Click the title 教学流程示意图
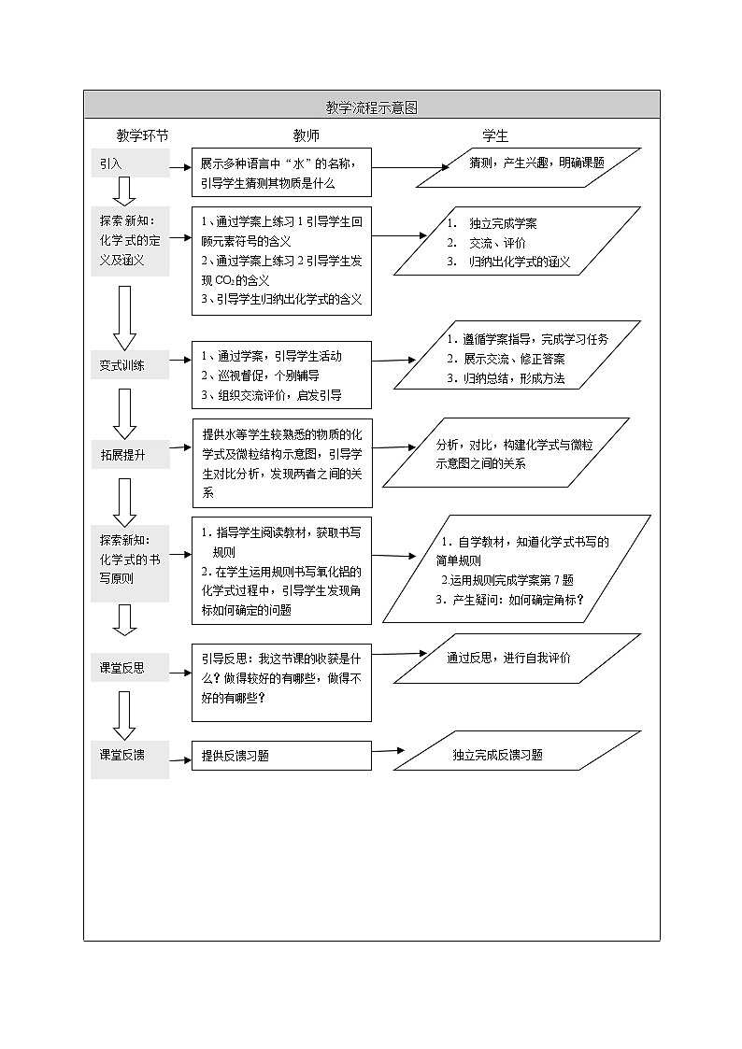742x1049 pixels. click(x=371, y=107)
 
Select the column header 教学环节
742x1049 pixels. click(x=142, y=136)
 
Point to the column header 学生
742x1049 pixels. click(x=495, y=136)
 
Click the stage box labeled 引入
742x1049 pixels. click(x=130, y=163)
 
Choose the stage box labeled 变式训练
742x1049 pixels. click(x=130, y=365)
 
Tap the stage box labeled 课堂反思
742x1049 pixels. click(x=130, y=669)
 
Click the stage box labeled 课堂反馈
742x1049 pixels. click(x=130, y=756)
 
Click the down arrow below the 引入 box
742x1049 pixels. click(x=125, y=191)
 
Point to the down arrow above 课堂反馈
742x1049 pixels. click(x=125, y=716)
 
